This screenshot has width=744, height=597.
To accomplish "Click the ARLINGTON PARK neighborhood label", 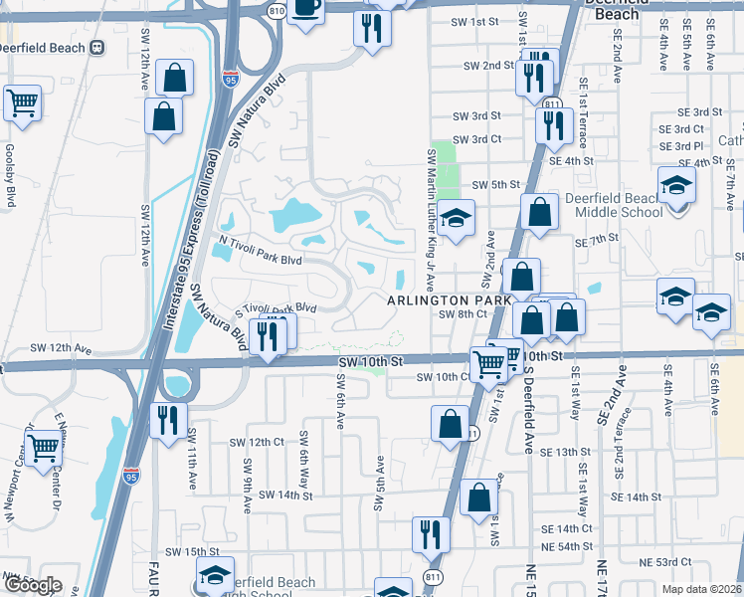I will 449,299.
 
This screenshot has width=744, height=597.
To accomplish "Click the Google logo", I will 32,585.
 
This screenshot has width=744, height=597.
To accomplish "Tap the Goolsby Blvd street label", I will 10,175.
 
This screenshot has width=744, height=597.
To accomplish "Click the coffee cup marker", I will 307,8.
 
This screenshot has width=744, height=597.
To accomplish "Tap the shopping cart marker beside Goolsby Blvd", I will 22,101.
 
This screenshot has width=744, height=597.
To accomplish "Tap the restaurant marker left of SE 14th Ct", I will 431,533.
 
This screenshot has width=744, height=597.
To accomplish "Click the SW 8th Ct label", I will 462,313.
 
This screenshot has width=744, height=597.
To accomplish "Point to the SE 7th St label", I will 596,240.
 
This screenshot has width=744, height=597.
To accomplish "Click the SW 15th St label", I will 191,551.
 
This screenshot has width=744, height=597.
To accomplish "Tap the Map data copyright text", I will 702,589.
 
